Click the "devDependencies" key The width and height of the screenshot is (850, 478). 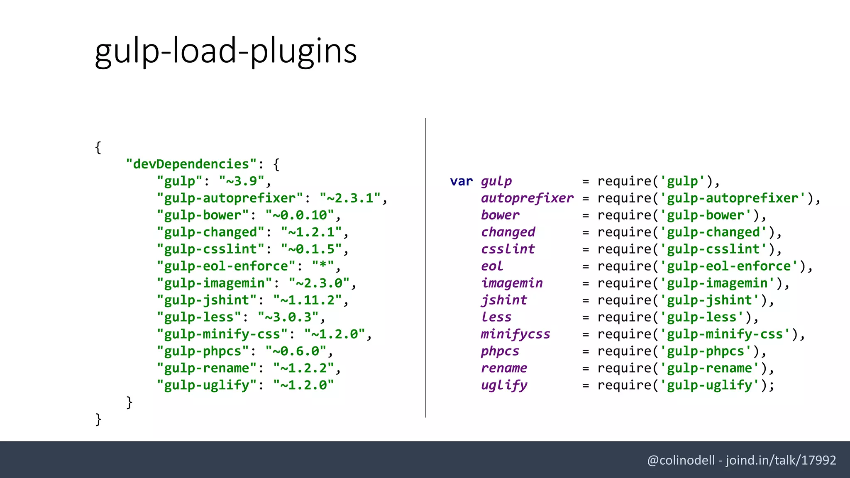(x=191, y=164)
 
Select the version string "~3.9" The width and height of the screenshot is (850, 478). (x=242, y=181)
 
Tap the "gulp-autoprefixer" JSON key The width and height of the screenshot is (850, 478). (x=230, y=198)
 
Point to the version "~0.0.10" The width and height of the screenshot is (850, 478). (x=300, y=215)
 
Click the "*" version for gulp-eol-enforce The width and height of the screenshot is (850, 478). (x=323, y=266)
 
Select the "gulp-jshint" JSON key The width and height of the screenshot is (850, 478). (x=207, y=300)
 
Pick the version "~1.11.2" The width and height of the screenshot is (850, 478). (x=308, y=300)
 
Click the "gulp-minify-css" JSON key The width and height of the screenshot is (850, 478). (x=222, y=334)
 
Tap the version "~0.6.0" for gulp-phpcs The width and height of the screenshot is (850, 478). (x=296, y=351)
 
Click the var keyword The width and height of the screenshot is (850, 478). (x=461, y=181)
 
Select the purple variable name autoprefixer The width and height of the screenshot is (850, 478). (x=527, y=198)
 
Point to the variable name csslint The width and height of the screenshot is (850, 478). (x=508, y=249)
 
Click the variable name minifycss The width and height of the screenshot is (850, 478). (x=515, y=334)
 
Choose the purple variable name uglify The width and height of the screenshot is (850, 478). (x=504, y=385)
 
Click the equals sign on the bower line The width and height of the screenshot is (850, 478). (x=586, y=216)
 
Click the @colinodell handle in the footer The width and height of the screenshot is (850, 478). (x=681, y=460)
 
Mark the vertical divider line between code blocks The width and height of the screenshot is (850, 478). (x=426, y=268)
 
